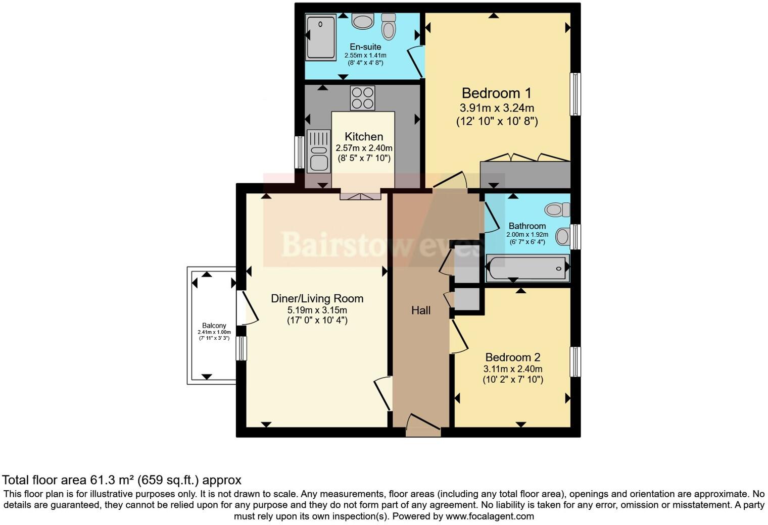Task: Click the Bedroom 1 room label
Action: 497,93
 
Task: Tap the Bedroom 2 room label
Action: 512,357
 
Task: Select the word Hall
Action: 420,310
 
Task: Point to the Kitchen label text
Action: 364,137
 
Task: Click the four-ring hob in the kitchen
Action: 363,97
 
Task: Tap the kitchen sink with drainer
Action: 318,151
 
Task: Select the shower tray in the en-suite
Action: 320,37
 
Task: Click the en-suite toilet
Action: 388,26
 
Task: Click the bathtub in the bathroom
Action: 527,268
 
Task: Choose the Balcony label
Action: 214,326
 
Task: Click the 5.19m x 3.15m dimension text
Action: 317,310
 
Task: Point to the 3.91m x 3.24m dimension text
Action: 497,108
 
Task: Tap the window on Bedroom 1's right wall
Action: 575,94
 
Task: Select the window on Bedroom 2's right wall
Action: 575,361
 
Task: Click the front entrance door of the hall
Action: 423,427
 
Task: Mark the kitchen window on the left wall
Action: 300,152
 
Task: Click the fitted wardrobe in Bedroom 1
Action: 525,174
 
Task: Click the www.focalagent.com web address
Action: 490,516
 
